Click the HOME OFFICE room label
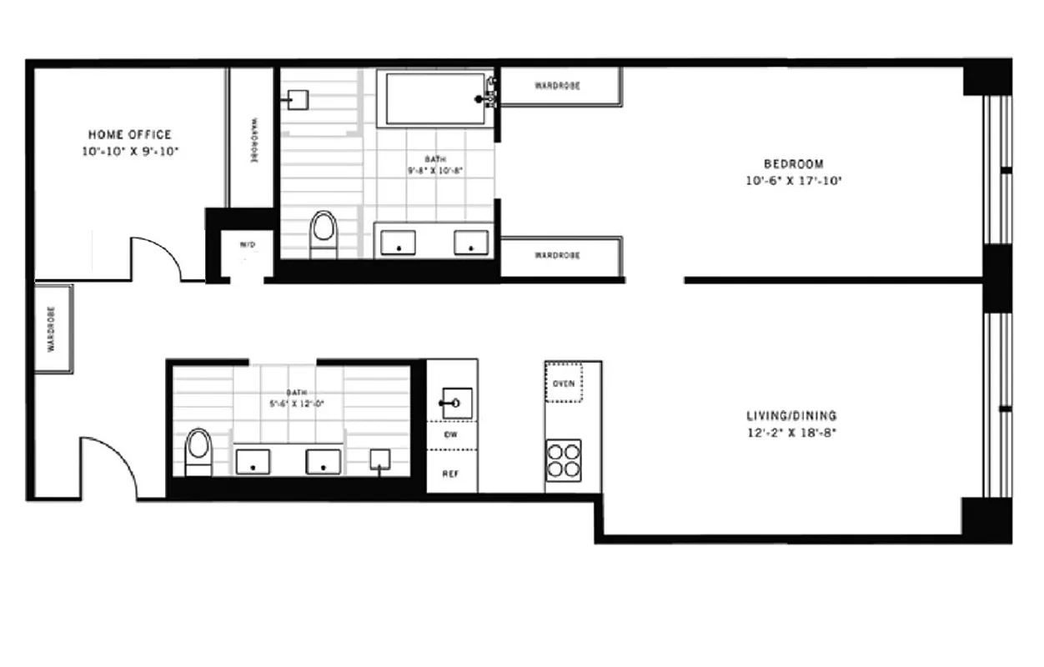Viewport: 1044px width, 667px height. [x=130, y=134]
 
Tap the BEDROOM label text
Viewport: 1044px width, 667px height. [x=794, y=164]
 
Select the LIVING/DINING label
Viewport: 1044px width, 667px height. [x=791, y=416]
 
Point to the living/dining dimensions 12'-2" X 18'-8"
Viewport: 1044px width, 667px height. [x=791, y=433]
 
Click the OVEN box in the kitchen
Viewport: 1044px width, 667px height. [x=563, y=384]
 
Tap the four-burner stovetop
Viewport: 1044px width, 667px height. [x=564, y=459]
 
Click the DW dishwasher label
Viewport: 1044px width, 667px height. [x=450, y=435]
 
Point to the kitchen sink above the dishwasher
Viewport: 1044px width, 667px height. [x=455, y=404]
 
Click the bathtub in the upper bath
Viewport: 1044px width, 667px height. [x=434, y=99]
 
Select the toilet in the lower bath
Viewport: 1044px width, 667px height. [x=198, y=449]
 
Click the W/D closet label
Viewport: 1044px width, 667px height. [x=248, y=245]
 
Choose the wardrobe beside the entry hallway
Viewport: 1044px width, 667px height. [x=53, y=328]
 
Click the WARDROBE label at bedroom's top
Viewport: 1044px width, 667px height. [x=557, y=86]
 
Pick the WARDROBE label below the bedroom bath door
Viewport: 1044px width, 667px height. [x=557, y=255]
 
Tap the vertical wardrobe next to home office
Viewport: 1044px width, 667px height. [x=251, y=138]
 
